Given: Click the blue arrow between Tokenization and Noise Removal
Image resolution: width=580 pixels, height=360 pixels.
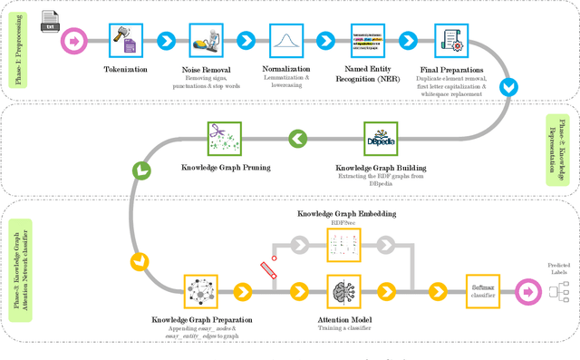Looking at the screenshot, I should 166,40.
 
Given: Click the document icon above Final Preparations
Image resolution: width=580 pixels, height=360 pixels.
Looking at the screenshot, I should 449,39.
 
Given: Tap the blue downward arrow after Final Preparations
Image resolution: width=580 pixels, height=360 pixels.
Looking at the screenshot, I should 511,86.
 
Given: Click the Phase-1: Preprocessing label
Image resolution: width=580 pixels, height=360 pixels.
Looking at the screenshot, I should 19,49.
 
